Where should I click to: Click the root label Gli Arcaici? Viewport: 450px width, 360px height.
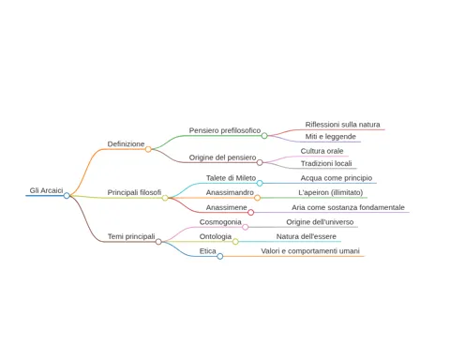coord(46,190)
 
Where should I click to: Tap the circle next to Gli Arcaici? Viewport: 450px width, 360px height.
coord(67,196)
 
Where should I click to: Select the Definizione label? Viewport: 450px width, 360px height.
coord(126,144)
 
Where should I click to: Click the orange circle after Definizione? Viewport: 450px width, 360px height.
coord(148,149)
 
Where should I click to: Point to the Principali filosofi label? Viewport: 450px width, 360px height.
coord(134,192)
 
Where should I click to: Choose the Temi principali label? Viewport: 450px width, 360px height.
coord(131,236)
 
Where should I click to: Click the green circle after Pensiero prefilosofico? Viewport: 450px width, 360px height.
coord(264,136)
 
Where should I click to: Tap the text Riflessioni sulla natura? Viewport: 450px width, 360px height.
coord(342,125)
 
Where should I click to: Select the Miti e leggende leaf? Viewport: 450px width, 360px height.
coord(331,137)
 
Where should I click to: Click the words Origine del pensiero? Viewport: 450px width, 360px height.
coord(222,157)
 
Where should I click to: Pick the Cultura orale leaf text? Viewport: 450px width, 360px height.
coord(322,151)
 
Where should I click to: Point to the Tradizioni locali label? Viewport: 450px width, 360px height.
coord(326,163)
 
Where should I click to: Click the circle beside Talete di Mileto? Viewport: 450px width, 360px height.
coord(260,183)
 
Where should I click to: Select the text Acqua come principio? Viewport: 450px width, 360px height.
coord(337,178)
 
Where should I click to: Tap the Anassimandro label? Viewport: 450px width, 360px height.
coord(230,192)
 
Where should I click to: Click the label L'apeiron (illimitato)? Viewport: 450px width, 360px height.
coord(331,192)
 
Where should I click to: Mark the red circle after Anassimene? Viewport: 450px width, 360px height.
coord(250,213)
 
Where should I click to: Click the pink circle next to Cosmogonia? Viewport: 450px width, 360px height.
coord(246,227)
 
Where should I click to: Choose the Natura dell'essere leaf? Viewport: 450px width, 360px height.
coord(307,236)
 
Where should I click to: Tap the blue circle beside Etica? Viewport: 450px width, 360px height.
coord(220,256)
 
